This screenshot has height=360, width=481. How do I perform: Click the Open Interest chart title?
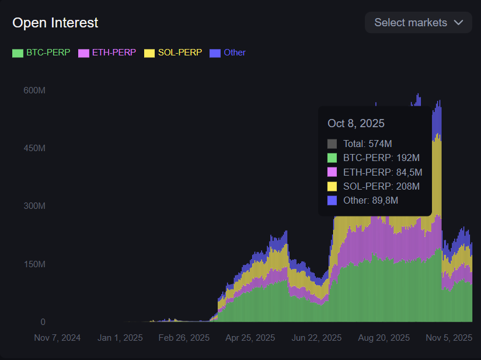[x=55, y=23]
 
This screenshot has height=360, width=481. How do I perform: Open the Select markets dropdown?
[x=418, y=23]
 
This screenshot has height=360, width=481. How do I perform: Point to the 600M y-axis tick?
[x=34, y=90]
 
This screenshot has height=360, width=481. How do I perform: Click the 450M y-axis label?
[x=34, y=148]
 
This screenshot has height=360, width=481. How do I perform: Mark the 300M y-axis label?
[x=34, y=206]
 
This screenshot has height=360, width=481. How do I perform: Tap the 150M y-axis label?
[x=34, y=264]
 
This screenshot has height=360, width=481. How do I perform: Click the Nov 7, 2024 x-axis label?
[x=57, y=338]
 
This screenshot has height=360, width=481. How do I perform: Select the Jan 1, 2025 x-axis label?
[x=120, y=338]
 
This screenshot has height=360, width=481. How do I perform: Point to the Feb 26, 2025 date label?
[x=184, y=338]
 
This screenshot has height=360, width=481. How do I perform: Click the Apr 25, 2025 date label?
[x=250, y=338]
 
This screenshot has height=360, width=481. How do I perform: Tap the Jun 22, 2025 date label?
[x=316, y=338]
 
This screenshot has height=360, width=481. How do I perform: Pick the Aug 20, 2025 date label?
[x=384, y=338]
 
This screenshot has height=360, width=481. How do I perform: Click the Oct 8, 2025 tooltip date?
[x=356, y=124]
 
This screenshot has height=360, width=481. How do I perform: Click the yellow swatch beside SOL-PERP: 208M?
[x=332, y=186]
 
